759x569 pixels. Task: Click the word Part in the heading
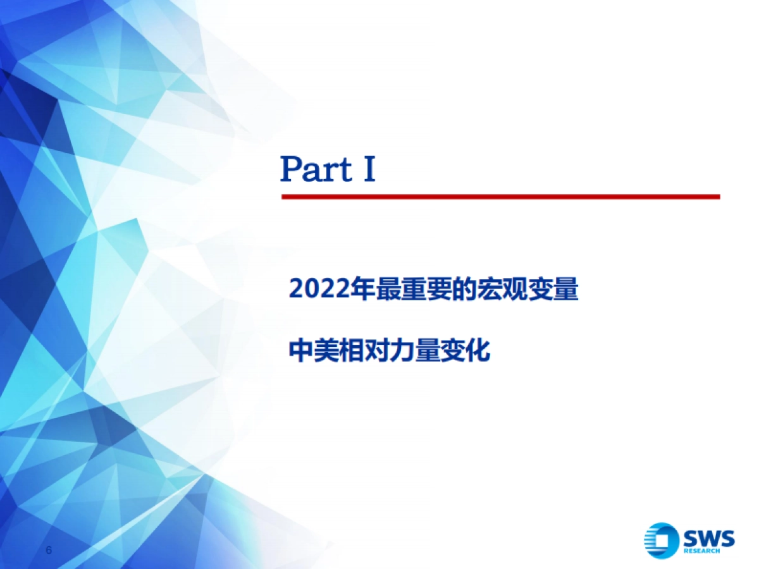(317, 169)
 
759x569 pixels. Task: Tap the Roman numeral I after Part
(369, 169)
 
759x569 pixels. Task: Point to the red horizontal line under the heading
(500, 197)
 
